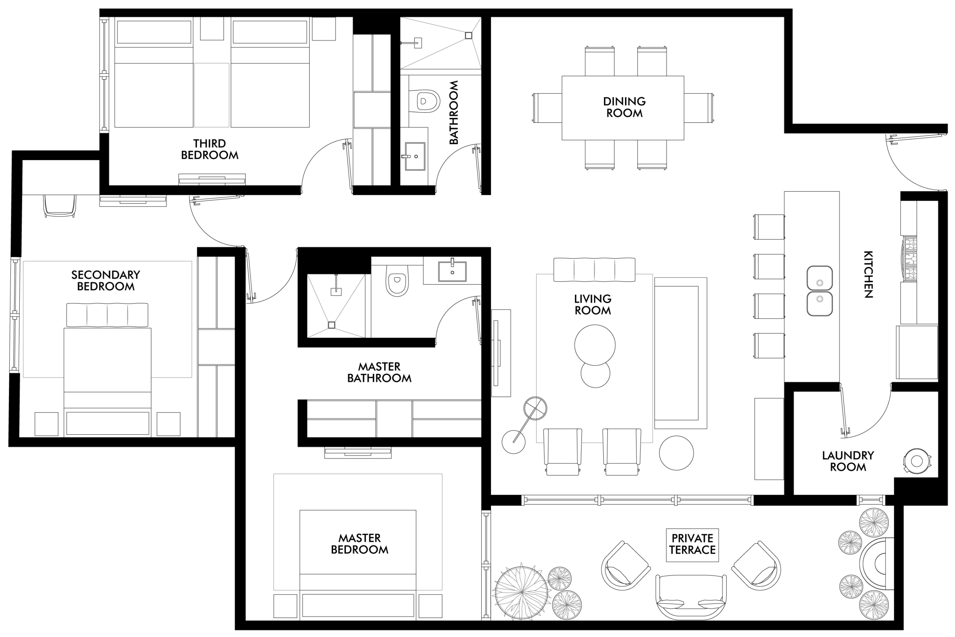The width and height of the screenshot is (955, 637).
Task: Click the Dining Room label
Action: tap(624, 107)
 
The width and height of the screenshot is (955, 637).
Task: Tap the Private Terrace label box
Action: tap(692, 545)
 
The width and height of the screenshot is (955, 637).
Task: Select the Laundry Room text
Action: tap(848, 461)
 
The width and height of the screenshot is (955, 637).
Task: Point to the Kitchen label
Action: tap(868, 274)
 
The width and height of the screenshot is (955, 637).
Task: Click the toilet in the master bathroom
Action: tap(397, 280)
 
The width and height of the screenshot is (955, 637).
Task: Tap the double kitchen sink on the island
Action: tap(820, 290)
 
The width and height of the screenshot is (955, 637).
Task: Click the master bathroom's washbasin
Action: tap(452, 271)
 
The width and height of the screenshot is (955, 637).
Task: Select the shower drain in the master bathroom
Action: tap(332, 324)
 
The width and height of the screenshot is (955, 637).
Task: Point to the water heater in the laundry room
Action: tap(917, 461)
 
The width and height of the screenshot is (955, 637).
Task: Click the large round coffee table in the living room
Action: tap(595, 345)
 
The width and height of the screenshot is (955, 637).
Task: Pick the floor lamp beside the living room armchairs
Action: tap(525, 425)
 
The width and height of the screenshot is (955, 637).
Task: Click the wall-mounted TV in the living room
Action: tap(496, 352)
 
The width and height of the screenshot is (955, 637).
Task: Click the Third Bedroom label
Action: tap(209, 149)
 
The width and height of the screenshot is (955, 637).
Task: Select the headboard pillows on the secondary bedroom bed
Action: tap(107, 314)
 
